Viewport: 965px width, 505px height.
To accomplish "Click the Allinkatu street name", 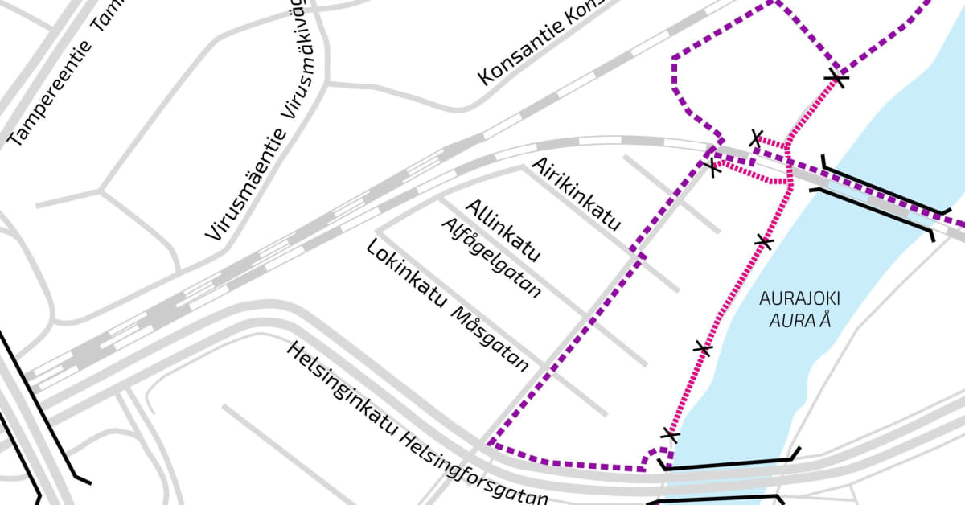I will click(502, 231).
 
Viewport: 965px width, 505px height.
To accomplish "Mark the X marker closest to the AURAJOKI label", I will click(765, 241).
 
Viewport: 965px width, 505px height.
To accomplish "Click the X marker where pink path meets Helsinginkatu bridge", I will click(670, 437).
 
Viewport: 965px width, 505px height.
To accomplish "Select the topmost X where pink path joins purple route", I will click(838, 78).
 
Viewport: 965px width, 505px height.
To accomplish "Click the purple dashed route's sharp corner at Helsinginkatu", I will click(490, 444).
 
